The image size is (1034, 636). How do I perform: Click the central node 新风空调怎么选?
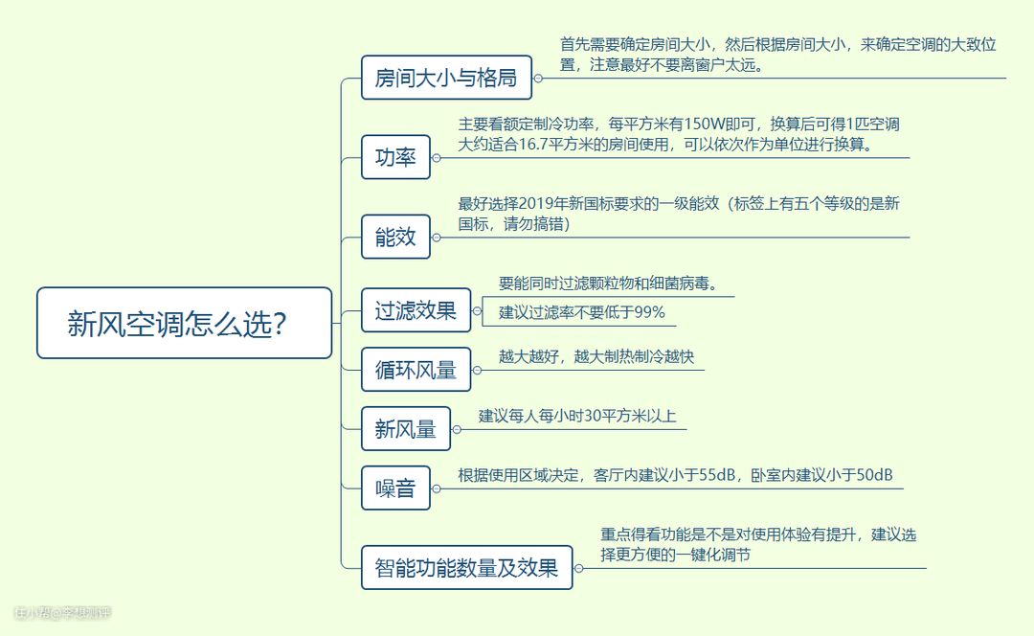coord(184,324)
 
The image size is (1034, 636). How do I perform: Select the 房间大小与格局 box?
coord(446,78)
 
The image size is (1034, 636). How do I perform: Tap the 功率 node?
coord(395,157)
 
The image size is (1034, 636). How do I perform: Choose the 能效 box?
coord(395,237)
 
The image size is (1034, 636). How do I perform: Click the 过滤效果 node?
coord(416,310)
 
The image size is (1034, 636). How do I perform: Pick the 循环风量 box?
coord(416,370)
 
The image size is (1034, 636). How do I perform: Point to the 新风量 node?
coord(405,429)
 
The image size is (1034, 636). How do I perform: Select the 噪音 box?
coord(395,488)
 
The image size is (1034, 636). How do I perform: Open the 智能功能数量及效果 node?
coord(466,567)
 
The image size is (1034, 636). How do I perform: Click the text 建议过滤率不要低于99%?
coord(581,312)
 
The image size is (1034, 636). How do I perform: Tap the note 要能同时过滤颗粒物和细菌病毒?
coord(608,284)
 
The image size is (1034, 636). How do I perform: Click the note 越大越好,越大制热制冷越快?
coord(596,356)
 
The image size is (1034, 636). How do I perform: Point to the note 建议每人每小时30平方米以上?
coord(577,416)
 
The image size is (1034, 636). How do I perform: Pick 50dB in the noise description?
coord(872,475)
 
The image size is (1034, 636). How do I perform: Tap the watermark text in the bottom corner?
coord(62,612)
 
